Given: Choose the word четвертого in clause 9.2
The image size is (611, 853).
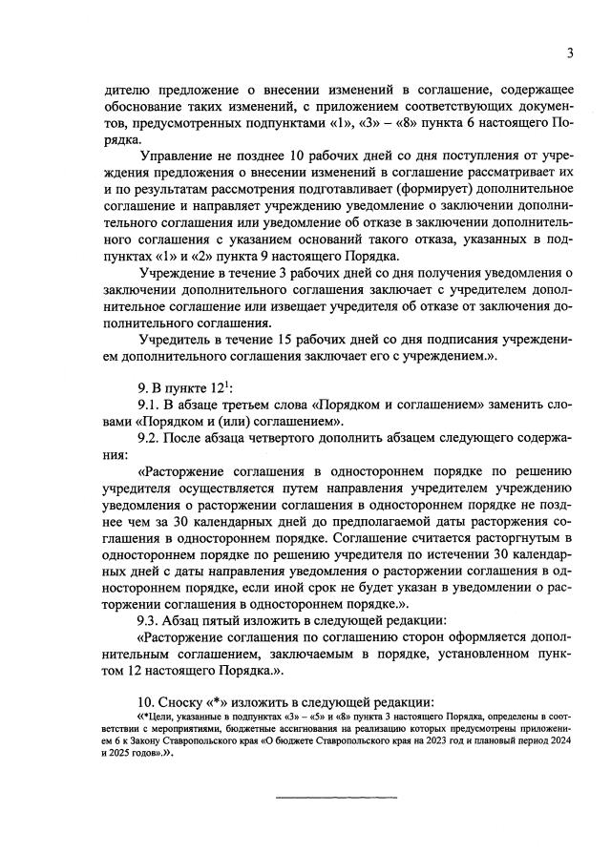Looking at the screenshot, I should (302, 437).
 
